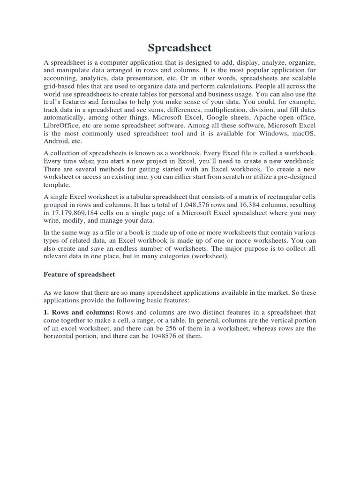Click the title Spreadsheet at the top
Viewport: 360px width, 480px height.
tap(180, 48)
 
